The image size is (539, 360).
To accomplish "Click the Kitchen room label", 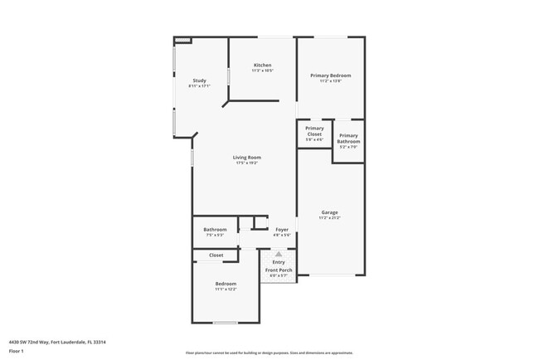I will [262, 66].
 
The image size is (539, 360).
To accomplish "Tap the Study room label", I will [199, 80].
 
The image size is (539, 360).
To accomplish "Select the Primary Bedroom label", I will [331, 75].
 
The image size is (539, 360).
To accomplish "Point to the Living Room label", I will [246, 158].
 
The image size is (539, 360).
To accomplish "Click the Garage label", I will [329, 212].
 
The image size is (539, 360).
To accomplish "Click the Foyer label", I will [282, 230].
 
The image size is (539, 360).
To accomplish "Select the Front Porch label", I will [278, 270].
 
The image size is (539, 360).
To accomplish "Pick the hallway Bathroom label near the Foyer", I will [215, 230].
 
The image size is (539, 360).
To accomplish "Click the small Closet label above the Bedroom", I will [216, 255].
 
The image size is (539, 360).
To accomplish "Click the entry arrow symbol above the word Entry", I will [279, 254].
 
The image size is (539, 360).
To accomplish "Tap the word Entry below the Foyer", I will [279, 262].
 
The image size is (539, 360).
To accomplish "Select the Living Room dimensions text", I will [246, 163].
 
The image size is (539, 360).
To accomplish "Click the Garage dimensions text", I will [329, 217].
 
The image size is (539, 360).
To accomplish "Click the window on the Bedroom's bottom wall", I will [225, 323].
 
